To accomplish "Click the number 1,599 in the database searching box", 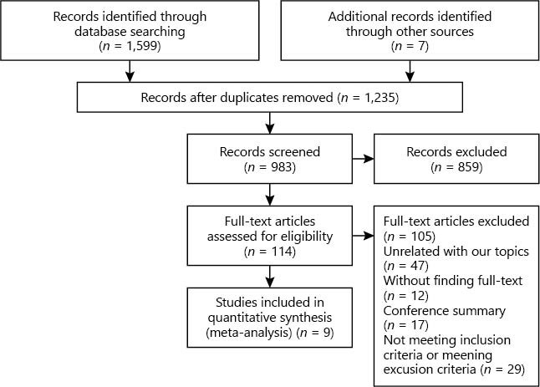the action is [x=141, y=46].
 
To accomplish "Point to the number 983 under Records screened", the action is [x=282, y=167].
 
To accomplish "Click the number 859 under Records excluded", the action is [x=468, y=167].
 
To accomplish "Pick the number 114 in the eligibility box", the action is [x=282, y=252].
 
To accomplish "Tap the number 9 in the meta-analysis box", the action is [x=327, y=333].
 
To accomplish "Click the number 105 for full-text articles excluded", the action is [x=421, y=237].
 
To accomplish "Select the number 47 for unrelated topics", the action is [x=418, y=266].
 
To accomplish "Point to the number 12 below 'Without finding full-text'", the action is [x=418, y=296].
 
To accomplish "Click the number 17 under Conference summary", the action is [x=418, y=325].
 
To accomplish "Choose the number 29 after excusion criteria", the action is [x=515, y=369].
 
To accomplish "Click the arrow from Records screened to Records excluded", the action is [x=363, y=159].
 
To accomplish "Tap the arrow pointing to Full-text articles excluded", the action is [x=363, y=236].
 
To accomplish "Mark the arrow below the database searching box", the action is [x=130, y=71].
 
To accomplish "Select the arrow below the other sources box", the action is [x=410, y=71].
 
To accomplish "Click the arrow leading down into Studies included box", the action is [x=270, y=277].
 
